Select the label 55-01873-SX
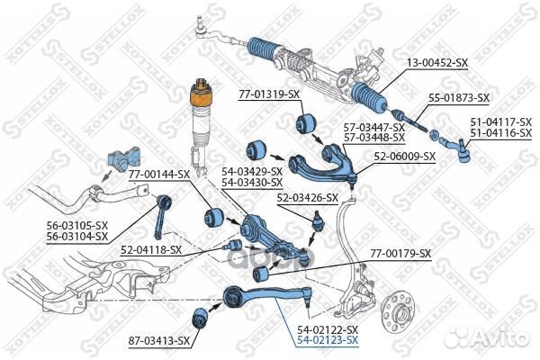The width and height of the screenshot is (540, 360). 458,96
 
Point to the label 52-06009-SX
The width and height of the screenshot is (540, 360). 405,156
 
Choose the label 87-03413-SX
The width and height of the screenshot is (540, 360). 158,340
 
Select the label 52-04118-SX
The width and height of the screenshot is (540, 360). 151,249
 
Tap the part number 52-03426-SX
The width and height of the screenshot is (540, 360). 307,197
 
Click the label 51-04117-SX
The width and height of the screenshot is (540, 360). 501,122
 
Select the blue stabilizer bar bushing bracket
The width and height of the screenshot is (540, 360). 120,158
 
